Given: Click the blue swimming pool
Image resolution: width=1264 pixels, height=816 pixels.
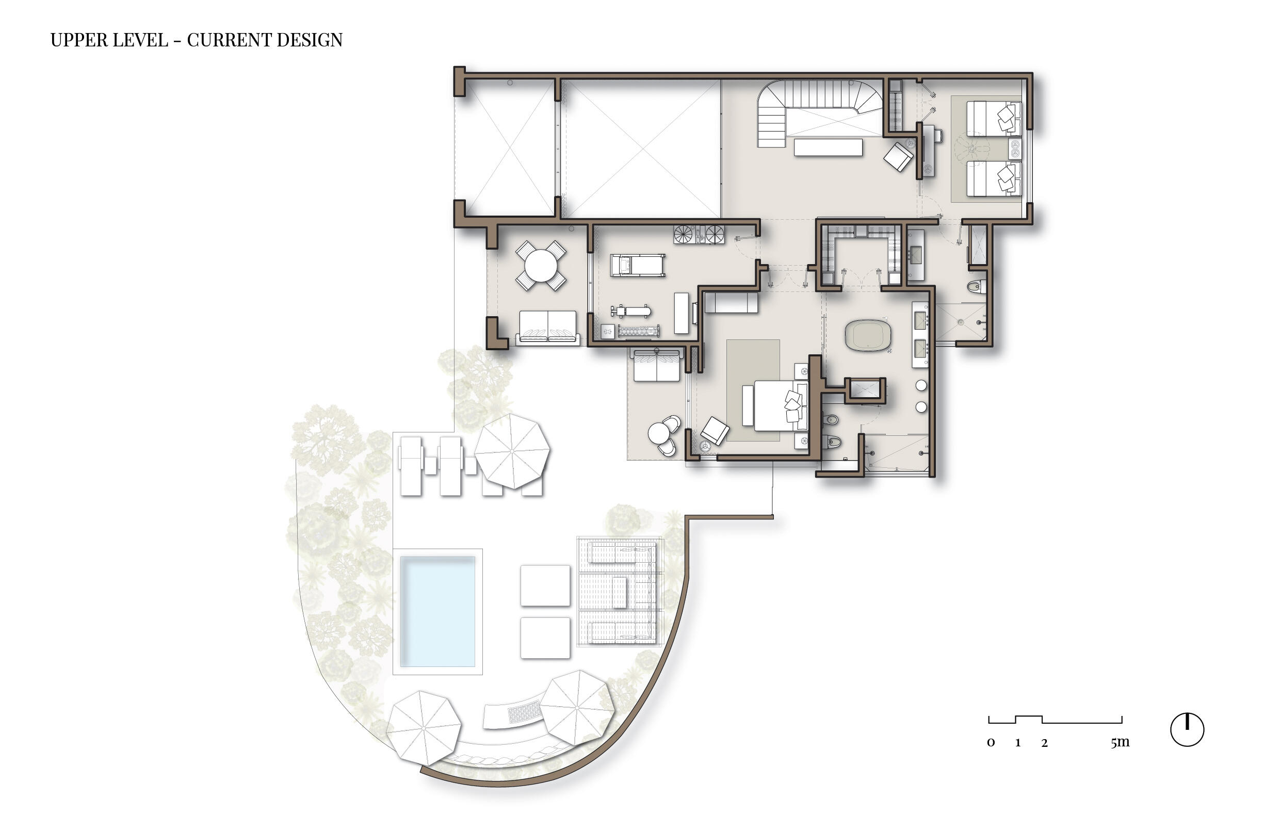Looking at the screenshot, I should (437, 611).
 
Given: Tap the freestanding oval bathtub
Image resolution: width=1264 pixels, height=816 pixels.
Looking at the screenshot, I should (868, 335).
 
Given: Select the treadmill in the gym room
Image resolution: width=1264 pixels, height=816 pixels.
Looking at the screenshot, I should (637, 266).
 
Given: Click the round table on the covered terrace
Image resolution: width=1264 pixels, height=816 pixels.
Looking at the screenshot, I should (541, 266).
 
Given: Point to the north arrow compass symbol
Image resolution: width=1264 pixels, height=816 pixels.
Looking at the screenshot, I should (1187, 730).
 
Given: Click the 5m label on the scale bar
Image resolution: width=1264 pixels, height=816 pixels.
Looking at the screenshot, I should (1120, 743).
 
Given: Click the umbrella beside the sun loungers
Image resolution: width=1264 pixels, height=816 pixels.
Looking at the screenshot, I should (512, 451).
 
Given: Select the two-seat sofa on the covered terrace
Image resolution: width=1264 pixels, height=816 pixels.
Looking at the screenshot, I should (547, 327).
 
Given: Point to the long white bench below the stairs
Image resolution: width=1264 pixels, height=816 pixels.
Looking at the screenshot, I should (828, 147).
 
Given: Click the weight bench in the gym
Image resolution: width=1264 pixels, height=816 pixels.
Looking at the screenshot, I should (630, 311).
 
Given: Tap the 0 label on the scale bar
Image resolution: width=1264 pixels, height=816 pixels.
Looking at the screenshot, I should (991, 743).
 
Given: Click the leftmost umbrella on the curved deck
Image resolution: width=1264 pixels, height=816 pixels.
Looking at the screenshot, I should (424, 728).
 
